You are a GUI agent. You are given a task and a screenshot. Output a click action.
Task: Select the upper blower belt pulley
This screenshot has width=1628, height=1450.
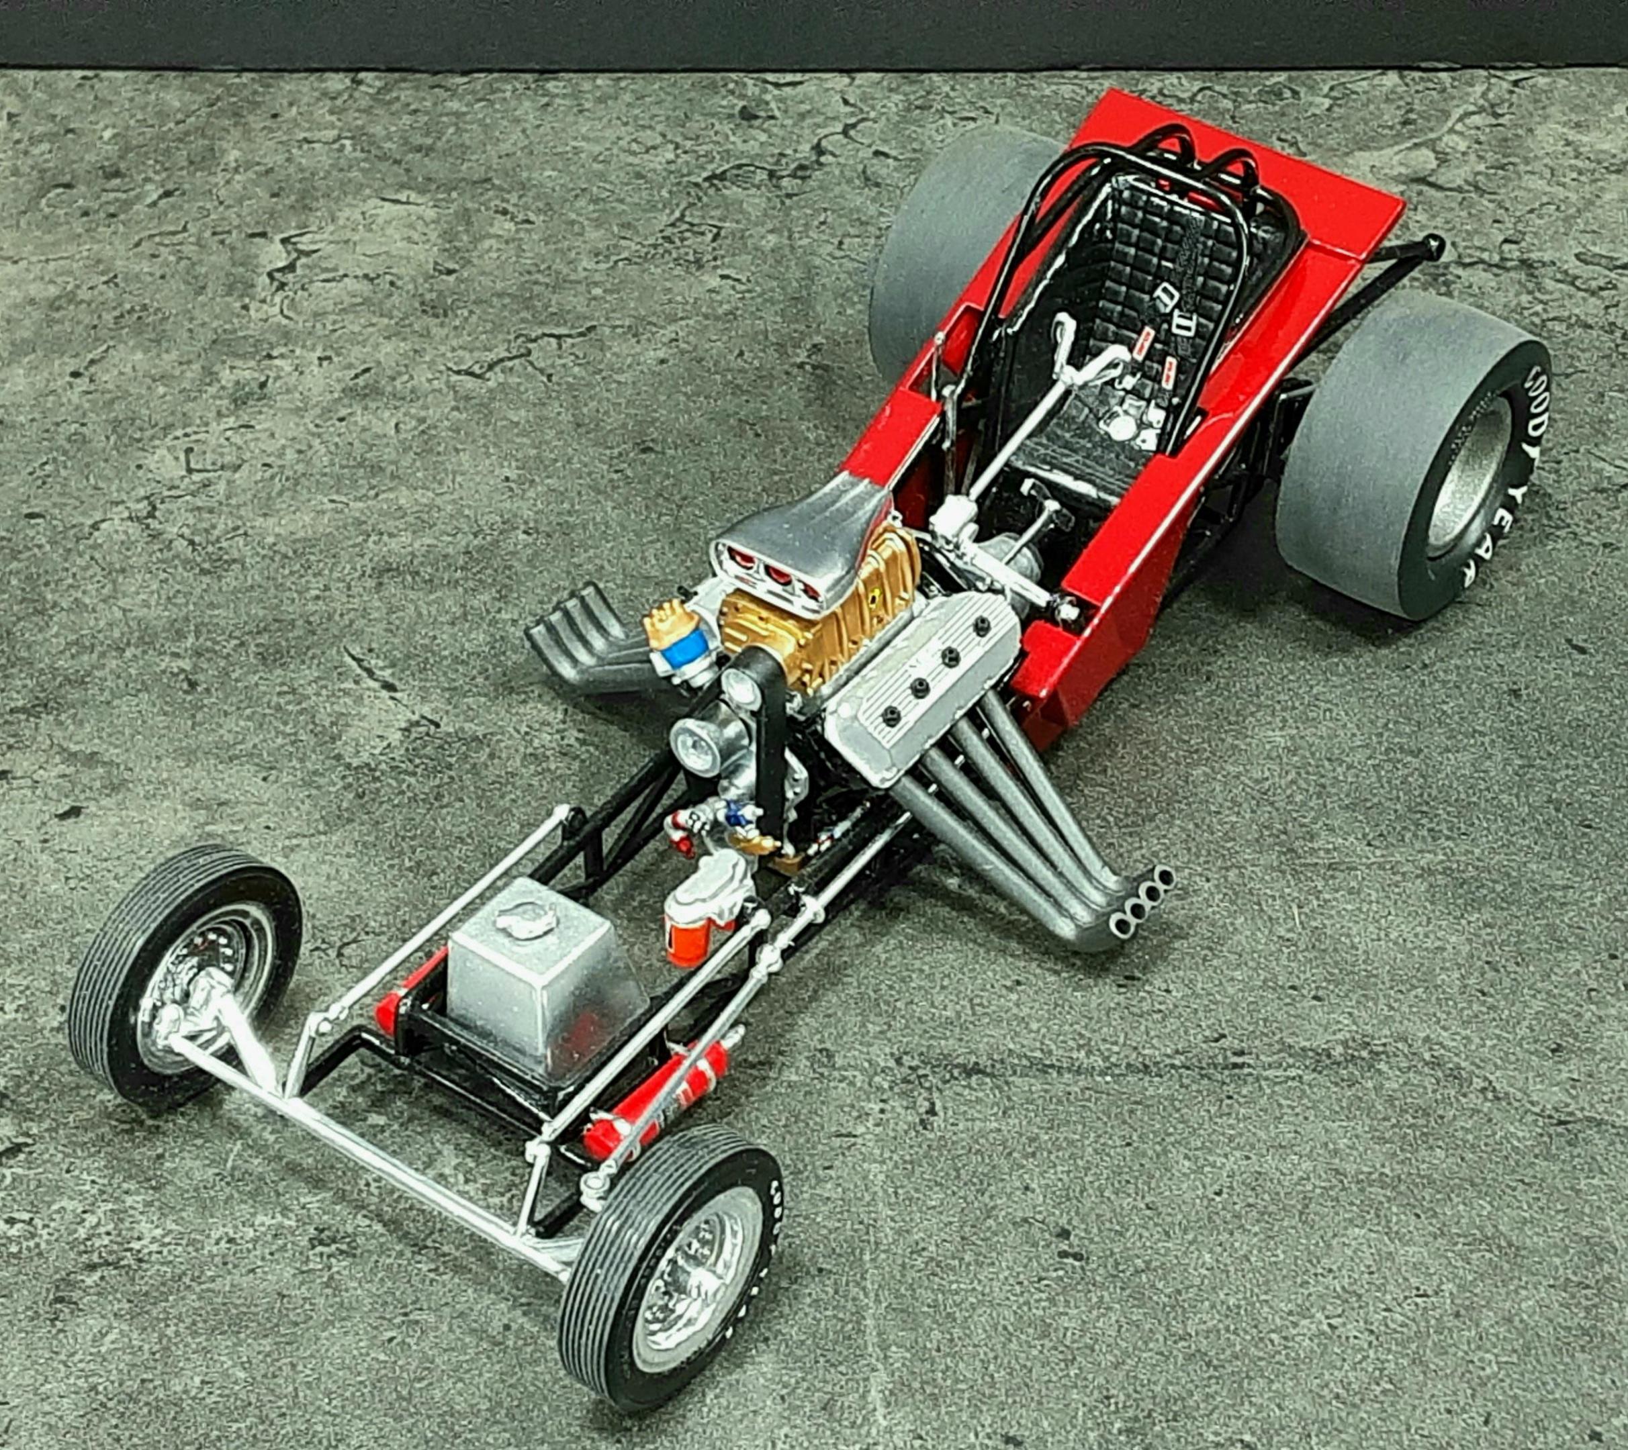737,685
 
